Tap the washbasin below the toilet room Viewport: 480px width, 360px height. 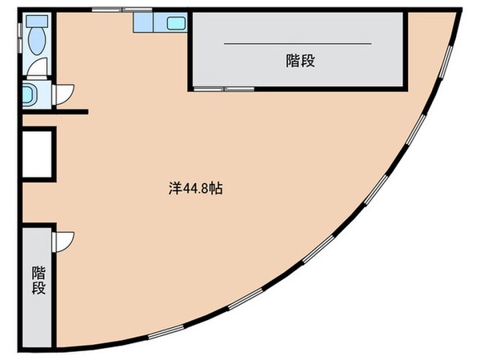point(30,95)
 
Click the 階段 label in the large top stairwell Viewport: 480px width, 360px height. point(298,61)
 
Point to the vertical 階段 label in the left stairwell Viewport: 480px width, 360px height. point(38,280)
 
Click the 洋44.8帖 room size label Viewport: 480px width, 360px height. point(196,190)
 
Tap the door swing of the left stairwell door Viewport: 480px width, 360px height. point(62,239)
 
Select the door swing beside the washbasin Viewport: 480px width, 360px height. point(65,94)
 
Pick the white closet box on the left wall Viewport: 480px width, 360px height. point(37,153)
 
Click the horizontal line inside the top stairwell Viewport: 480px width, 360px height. point(297,42)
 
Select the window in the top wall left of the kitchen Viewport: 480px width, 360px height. point(112,10)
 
